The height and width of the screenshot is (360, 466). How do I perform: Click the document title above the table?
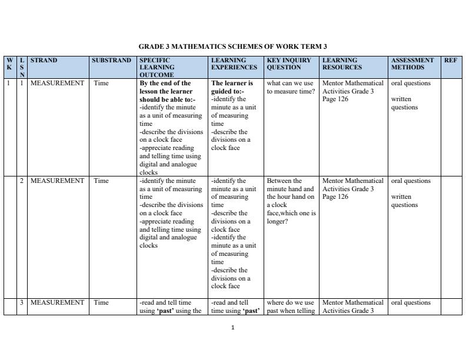(x=232, y=46)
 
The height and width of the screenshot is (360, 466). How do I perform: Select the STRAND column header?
(x=44, y=60)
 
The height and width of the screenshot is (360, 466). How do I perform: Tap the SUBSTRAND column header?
(x=111, y=60)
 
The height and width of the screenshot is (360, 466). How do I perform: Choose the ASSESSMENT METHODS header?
(x=412, y=64)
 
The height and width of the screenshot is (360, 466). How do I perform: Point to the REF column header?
(x=451, y=60)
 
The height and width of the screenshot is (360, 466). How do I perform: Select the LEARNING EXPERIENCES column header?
(x=234, y=64)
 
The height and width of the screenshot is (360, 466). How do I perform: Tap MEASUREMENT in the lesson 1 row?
(x=57, y=84)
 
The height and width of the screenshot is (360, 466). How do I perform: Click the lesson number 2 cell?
(x=22, y=181)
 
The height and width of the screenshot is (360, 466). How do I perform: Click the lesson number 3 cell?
(x=22, y=303)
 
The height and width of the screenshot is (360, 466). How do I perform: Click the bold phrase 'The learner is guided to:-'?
(x=232, y=87)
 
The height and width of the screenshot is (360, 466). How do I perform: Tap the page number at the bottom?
(x=233, y=328)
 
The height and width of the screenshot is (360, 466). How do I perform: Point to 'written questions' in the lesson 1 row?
(x=404, y=104)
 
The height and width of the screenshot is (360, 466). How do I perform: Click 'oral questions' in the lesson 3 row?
(x=411, y=303)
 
